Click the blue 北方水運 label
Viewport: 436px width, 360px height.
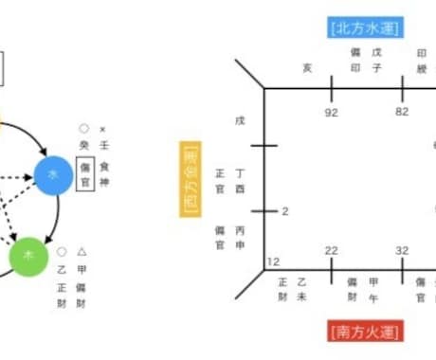click(x=367, y=27)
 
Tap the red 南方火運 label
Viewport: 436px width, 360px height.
click(x=366, y=331)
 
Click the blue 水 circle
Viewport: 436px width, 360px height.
click(x=53, y=174)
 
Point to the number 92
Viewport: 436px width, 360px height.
click(x=332, y=112)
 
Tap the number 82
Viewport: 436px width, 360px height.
click(x=402, y=112)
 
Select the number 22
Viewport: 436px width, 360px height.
click(x=331, y=250)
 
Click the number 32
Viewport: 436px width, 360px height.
click(x=402, y=250)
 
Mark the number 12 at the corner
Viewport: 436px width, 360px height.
click(x=274, y=261)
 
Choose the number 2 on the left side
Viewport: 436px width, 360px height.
click(x=284, y=210)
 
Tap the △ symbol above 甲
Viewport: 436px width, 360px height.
click(x=82, y=252)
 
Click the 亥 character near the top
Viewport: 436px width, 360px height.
click(x=306, y=67)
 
